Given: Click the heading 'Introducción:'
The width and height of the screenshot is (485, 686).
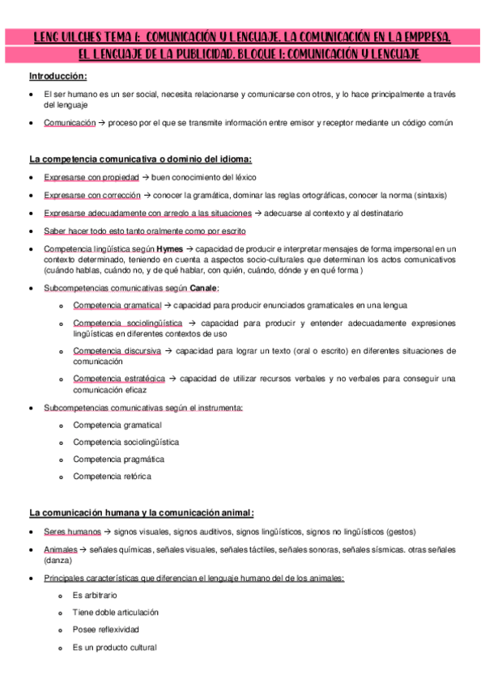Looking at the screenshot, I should [x=57, y=76].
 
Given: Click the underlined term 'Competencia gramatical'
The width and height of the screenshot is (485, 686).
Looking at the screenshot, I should [x=117, y=305].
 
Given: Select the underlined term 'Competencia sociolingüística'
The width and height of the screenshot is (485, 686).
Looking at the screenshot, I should [x=127, y=323].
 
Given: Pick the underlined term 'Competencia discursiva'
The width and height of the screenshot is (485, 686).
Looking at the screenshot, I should [x=117, y=351].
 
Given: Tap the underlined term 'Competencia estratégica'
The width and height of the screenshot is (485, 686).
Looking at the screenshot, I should [x=119, y=379].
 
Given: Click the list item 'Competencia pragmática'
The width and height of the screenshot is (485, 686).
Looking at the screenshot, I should [x=118, y=459].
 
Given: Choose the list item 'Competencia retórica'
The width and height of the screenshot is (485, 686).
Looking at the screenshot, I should [x=112, y=476].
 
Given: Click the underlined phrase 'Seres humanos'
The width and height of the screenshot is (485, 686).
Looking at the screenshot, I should [x=72, y=531].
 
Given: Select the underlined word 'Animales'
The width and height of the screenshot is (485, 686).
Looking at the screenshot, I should [x=61, y=549].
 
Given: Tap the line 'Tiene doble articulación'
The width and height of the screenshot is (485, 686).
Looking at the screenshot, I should [x=116, y=612].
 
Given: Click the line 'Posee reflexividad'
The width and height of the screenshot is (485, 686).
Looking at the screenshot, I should [x=105, y=629].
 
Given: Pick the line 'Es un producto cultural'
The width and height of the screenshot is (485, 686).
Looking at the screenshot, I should [x=114, y=647].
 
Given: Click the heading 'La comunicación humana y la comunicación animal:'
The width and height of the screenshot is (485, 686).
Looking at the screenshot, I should [x=142, y=512].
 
